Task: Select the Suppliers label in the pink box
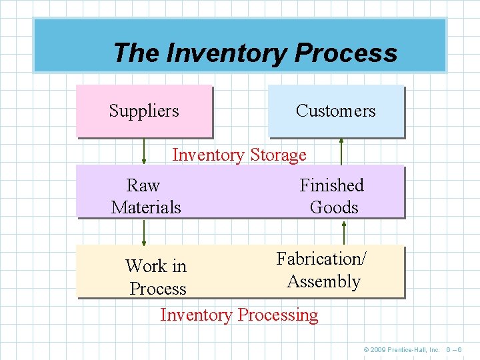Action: pos(144,111)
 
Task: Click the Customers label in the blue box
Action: pos(335,111)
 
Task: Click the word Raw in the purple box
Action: pos(143,185)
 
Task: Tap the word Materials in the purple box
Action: pos(146,207)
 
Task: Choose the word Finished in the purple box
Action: pos(331,185)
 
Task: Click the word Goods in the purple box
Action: pos(334,207)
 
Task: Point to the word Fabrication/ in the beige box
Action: pos(321,259)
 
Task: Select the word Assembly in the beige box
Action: pos(323,281)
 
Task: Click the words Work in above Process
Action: pos(156,266)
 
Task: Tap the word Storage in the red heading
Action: pos(278,155)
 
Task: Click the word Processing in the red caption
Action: pos(278,315)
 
